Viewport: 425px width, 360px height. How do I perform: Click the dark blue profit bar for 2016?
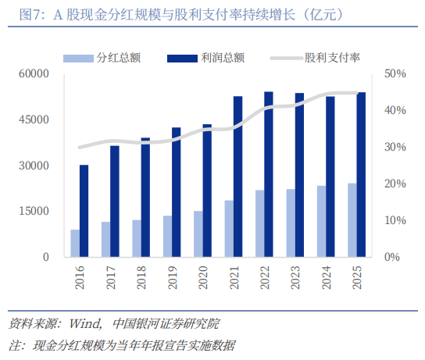coord(84,211)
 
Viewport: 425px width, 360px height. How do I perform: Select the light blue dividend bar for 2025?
coord(352,220)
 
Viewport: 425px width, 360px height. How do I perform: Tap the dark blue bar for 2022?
coord(269,174)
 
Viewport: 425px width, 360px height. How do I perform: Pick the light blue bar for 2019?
coord(167,236)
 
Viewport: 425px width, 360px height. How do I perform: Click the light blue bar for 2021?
coord(229,229)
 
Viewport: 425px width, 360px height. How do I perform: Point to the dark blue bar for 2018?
coord(145,198)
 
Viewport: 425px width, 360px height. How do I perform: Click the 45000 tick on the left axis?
coord(34,119)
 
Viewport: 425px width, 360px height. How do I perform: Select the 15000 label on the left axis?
coord(34,211)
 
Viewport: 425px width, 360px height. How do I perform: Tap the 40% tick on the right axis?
coord(395,110)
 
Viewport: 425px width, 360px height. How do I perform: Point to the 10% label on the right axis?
coord(395,220)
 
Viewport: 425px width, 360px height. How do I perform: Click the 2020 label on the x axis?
coord(203,277)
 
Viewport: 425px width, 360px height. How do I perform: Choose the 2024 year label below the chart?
coord(327,277)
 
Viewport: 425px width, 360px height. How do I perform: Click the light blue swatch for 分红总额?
coord(78,59)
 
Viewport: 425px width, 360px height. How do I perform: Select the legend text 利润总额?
coord(223,58)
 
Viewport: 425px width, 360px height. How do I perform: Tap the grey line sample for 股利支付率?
coord(287,59)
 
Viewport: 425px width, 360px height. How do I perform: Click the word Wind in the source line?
coord(84,324)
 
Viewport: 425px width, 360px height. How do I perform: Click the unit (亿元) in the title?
coord(323,14)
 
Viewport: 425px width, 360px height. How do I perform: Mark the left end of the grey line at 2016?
coord(80,148)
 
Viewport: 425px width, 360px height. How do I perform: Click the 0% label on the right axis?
coord(392,257)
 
